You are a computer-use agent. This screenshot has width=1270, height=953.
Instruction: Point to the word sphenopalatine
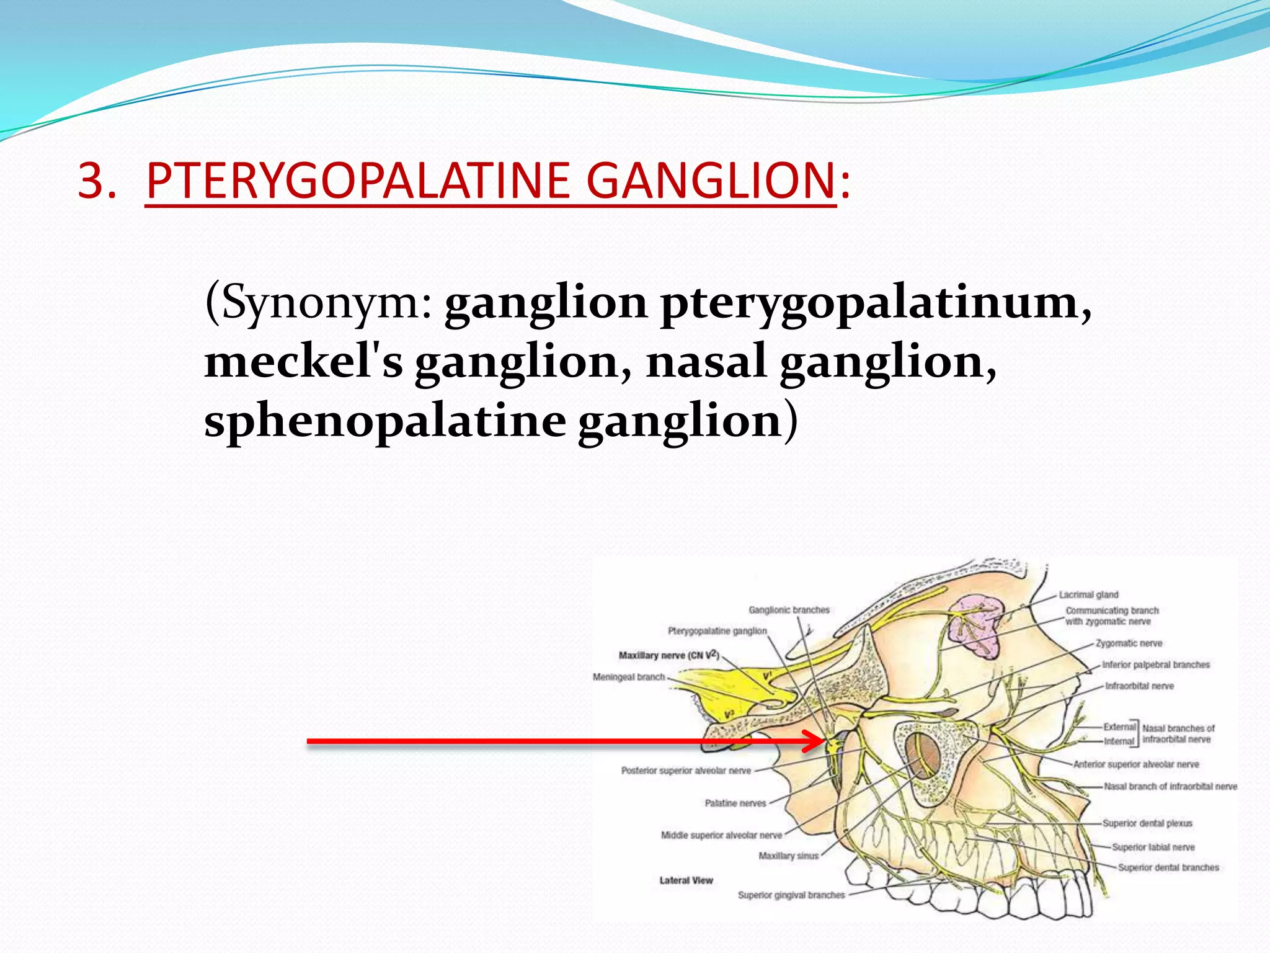coord(384,421)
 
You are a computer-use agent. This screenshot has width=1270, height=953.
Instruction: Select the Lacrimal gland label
coord(1088,594)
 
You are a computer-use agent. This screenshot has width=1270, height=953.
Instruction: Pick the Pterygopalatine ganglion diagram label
coord(717,631)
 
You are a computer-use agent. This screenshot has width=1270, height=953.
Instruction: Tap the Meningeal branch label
coord(629,677)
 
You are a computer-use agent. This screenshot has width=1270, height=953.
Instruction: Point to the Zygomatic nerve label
coord(1129,643)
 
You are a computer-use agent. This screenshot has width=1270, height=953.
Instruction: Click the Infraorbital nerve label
coord(1139,686)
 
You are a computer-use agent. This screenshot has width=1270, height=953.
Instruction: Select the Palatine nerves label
coord(735,803)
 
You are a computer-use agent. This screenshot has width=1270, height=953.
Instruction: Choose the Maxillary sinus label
coord(788,856)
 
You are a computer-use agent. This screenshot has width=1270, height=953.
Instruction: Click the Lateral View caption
coord(686,880)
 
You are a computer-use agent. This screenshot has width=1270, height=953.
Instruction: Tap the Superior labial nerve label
coord(1153,847)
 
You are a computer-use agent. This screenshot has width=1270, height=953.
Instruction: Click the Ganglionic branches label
coord(789,610)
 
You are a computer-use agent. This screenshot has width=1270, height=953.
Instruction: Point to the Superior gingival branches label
coord(791,895)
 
